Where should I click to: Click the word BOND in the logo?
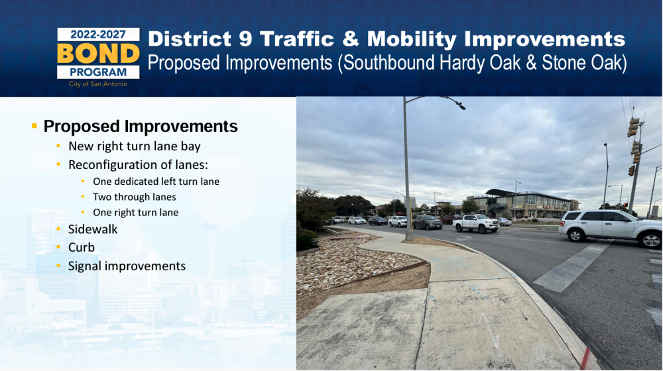[x=98, y=53]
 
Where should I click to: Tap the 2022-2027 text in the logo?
[x=98, y=34]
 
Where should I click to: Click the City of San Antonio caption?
[x=98, y=84]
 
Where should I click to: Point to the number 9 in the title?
[x=245, y=39]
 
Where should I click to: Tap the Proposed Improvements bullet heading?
[x=141, y=127]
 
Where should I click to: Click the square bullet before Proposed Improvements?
[x=34, y=125]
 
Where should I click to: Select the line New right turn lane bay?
[x=135, y=146]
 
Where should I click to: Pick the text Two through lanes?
[x=135, y=197]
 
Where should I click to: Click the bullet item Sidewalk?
[x=93, y=229]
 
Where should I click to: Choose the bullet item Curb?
[x=81, y=247]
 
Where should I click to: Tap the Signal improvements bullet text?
[x=127, y=266]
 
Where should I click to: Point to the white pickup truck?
[x=476, y=223]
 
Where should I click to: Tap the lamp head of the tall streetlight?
[x=460, y=105]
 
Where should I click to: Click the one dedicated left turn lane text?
[x=156, y=182]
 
